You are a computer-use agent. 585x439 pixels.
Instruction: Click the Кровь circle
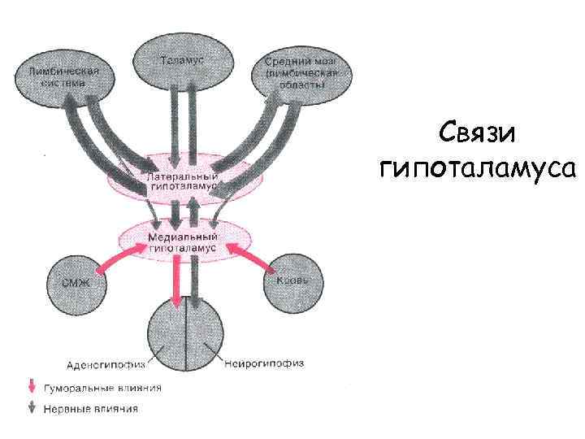pyautogui.click(x=293, y=280)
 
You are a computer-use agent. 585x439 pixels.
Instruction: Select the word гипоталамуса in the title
pyautogui.click(x=477, y=169)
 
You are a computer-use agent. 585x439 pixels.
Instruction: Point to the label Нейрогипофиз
pyautogui.click(x=262, y=363)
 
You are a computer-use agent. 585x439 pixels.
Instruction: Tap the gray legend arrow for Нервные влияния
pyautogui.click(x=32, y=408)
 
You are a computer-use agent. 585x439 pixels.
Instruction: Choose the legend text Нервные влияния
pyautogui.click(x=91, y=408)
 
